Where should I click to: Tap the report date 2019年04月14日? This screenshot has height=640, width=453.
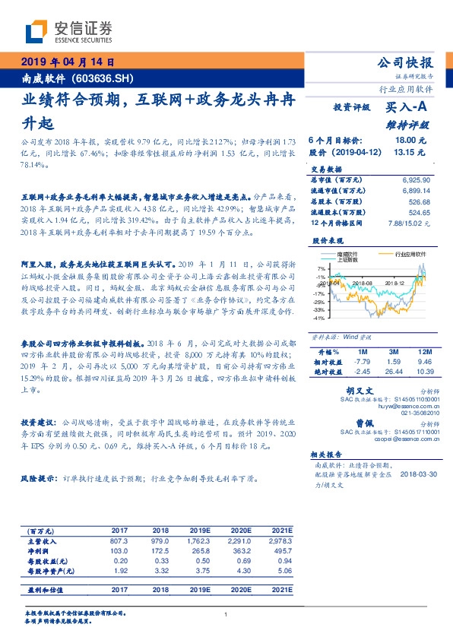[x=67, y=62]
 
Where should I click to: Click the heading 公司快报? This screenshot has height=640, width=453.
[x=406, y=62]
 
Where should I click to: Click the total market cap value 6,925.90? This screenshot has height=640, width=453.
[x=414, y=176]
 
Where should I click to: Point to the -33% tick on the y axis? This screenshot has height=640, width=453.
[x=322, y=310]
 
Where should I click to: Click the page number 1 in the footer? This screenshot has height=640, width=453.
[x=226, y=615]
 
